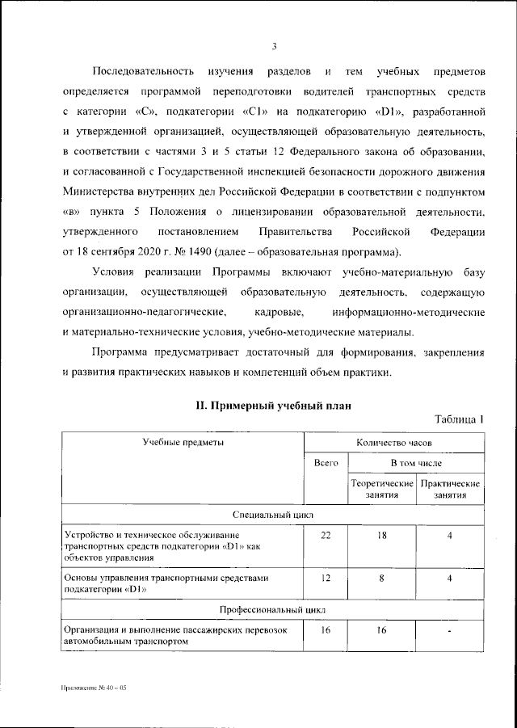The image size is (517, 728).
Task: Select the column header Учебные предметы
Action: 183,443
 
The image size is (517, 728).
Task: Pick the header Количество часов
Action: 394,444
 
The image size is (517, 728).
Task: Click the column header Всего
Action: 326,464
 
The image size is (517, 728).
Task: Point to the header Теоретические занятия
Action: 382,488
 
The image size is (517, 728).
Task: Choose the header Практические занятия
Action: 450,488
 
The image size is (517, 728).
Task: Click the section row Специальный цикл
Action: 272,514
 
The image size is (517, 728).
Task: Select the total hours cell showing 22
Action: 326,536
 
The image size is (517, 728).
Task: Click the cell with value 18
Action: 382,536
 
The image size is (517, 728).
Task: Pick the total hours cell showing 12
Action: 326,579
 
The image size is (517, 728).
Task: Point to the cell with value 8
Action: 382,579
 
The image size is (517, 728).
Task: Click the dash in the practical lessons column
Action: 450,630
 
